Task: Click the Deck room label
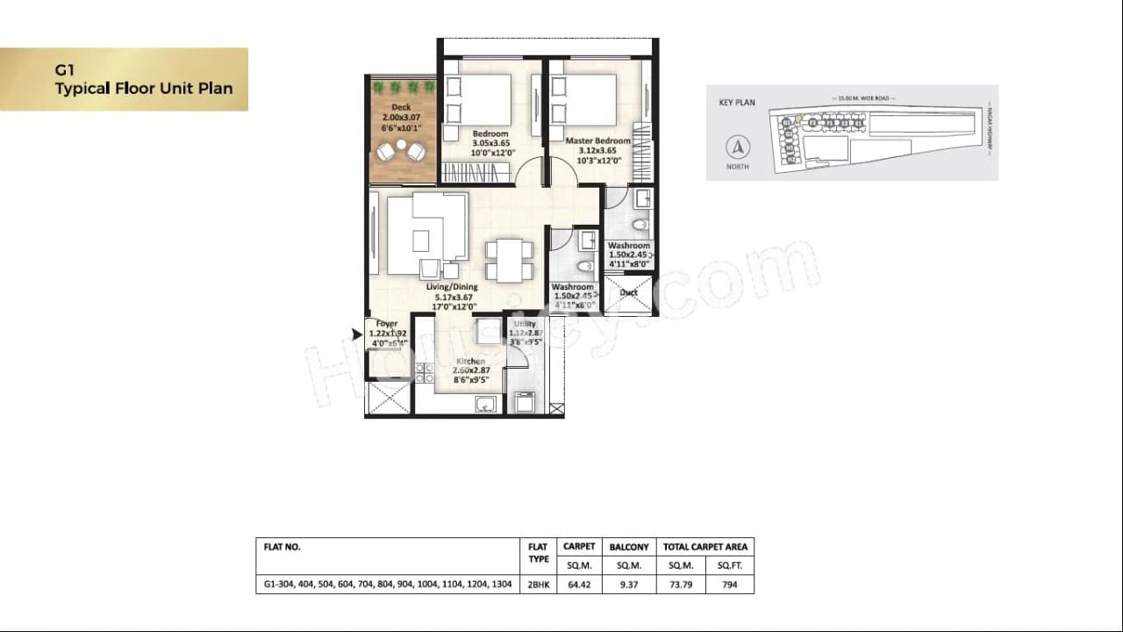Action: [x=401, y=108]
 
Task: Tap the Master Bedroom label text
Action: [x=597, y=140]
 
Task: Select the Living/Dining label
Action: [x=452, y=287]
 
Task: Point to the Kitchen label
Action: [x=470, y=362]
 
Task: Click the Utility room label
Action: [x=525, y=325]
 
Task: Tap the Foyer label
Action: [x=387, y=324]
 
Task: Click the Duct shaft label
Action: [x=628, y=292]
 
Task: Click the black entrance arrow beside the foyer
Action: [x=356, y=334]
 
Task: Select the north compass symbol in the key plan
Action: [x=738, y=147]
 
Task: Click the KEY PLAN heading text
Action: [x=737, y=103]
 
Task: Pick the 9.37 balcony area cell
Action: [x=629, y=583]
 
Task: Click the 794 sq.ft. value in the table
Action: [x=729, y=583]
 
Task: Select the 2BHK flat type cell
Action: [x=538, y=583]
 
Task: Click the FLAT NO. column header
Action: [x=282, y=547]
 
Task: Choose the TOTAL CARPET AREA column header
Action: [x=705, y=547]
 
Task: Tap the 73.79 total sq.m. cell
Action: [x=681, y=583]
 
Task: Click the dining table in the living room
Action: [x=509, y=261]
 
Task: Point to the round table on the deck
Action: [x=401, y=145]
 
